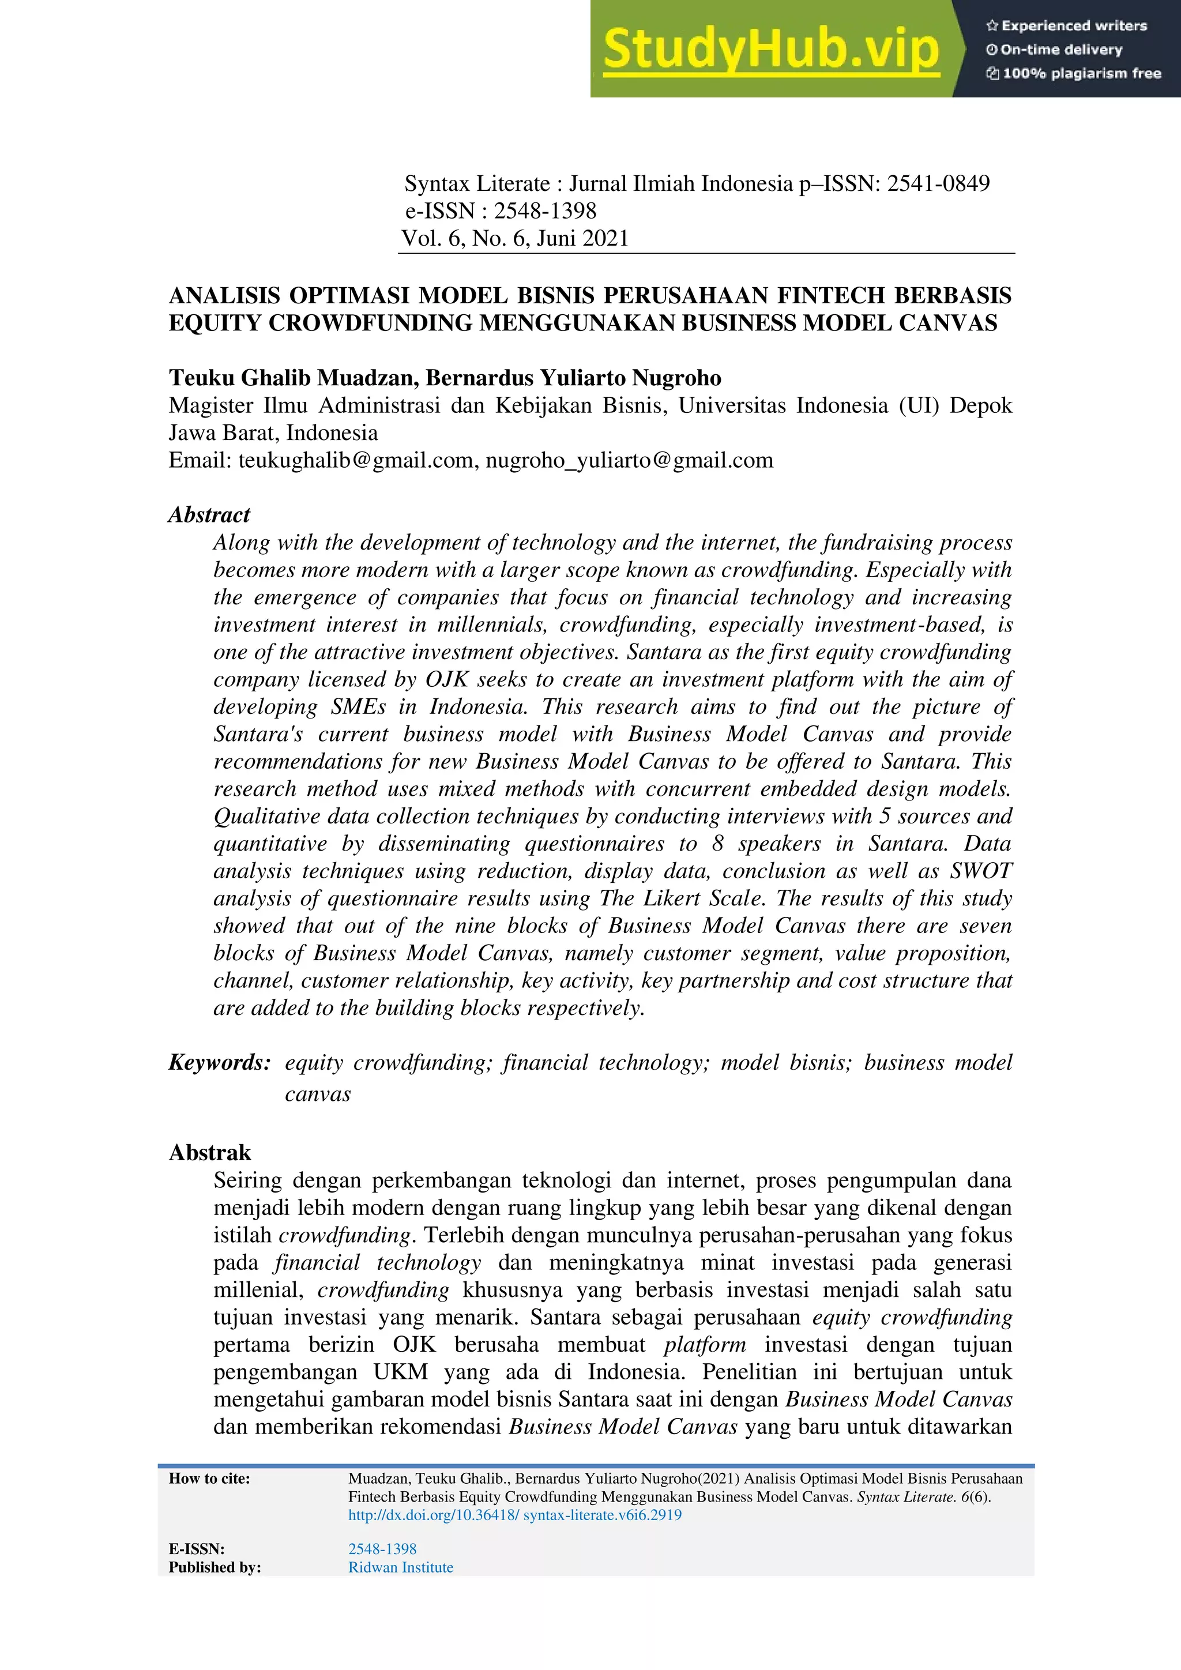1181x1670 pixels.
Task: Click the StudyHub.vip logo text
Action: [x=771, y=49]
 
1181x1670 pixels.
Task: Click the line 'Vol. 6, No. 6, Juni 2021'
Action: [x=515, y=239]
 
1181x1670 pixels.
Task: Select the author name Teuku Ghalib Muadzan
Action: [x=293, y=378]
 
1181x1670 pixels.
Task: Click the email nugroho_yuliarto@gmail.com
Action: [x=629, y=460]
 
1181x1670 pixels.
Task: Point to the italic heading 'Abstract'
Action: [x=209, y=515]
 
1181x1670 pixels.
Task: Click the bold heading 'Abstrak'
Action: [x=210, y=1153]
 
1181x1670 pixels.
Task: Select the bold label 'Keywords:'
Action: [x=220, y=1063]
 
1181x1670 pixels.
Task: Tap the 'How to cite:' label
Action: [x=209, y=1478]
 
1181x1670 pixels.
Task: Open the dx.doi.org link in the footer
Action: [x=515, y=1515]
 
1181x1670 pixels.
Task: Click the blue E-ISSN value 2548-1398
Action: [x=382, y=1548]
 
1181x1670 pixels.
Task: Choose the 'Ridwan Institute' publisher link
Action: [x=401, y=1567]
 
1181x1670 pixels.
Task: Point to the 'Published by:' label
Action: [x=215, y=1567]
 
